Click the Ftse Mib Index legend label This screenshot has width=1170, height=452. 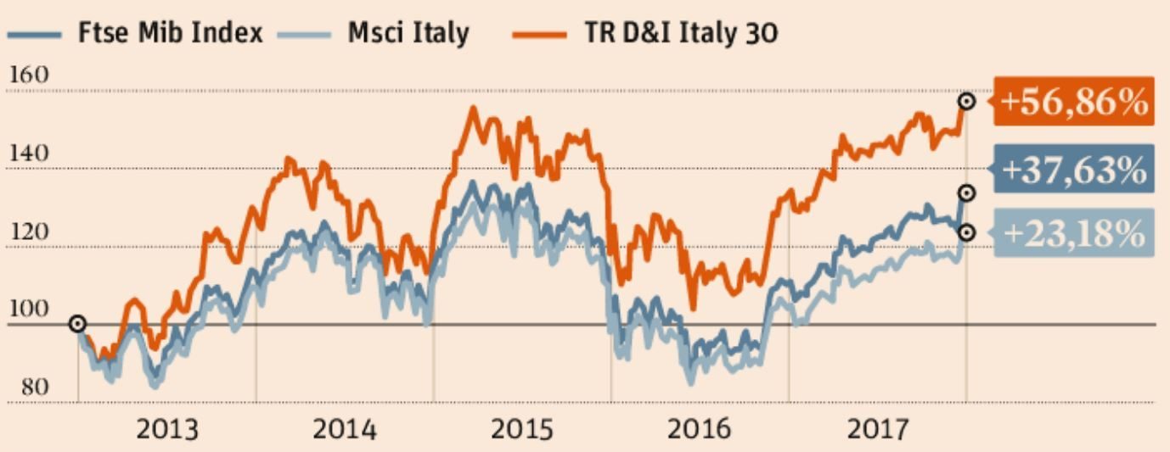tap(170, 34)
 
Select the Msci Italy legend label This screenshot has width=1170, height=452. tap(408, 34)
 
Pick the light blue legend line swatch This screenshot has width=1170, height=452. tap(304, 35)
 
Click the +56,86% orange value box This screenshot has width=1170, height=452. tap(1073, 102)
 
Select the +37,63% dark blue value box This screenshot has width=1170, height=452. tap(1073, 170)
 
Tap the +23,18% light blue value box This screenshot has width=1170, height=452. tap(1073, 232)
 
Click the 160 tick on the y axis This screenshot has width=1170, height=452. tap(28, 75)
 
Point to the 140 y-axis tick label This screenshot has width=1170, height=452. tap(28, 153)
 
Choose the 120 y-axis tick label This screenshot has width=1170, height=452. tap(28, 232)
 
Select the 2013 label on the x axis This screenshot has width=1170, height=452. tap(167, 429)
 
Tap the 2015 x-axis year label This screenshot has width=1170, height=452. tap(521, 429)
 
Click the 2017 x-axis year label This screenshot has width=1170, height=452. tap(877, 429)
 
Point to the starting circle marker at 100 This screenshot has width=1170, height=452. tap(77, 324)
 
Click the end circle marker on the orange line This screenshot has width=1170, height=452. tap(966, 102)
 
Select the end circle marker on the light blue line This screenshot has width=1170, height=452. tap(966, 232)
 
